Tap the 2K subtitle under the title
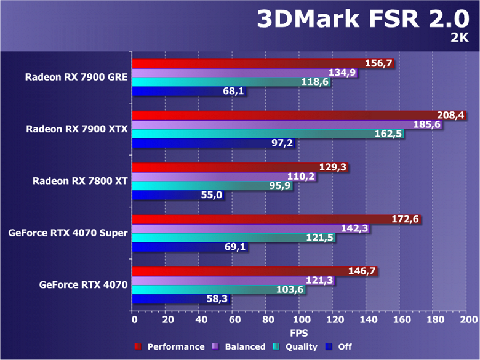(x=458, y=38)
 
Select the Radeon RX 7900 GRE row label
(x=76, y=77)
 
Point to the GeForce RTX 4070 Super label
(x=68, y=233)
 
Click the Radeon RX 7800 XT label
(x=80, y=181)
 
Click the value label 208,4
(x=449, y=115)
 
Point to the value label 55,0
(x=212, y=196)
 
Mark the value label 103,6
(x=291, y=290)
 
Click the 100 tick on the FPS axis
(x=300, y=320)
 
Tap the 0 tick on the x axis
(x=134, y=320)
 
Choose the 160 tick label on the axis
(x=401, y=320)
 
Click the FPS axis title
(x=300, y=333)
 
